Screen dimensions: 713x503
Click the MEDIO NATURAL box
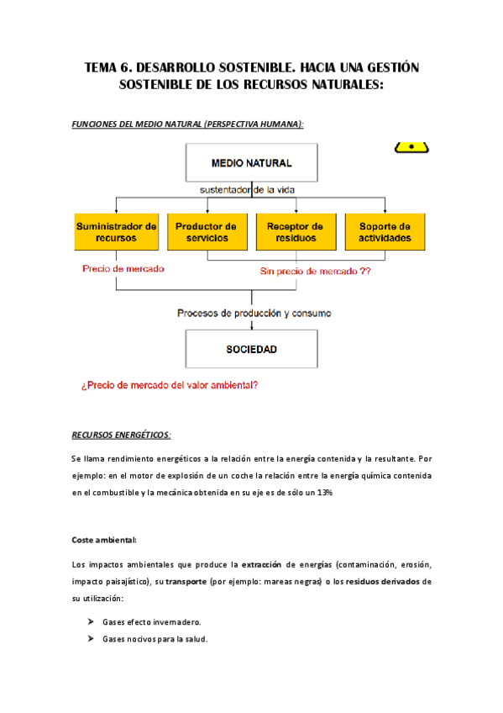251,162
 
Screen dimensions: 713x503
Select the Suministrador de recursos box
116,232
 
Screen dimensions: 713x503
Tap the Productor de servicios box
206,232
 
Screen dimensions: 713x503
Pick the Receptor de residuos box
295,232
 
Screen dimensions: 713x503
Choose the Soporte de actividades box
385,232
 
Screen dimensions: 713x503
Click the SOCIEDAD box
251,348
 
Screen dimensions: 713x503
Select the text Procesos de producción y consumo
254,313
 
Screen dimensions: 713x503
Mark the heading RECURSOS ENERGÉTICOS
122,435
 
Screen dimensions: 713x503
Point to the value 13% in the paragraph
323,493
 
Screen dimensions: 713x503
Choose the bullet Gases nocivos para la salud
155,639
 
